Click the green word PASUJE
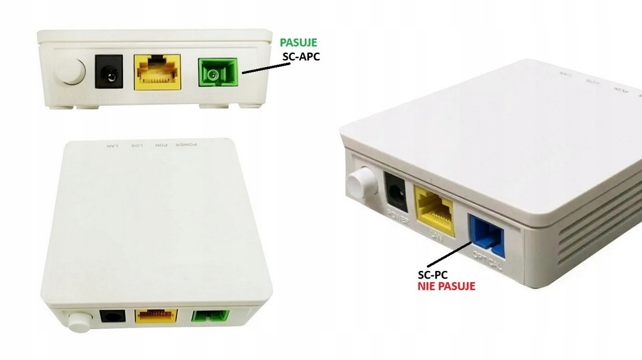pos(298,43)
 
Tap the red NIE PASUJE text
pos(446,287)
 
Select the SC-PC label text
pos(433,274)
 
